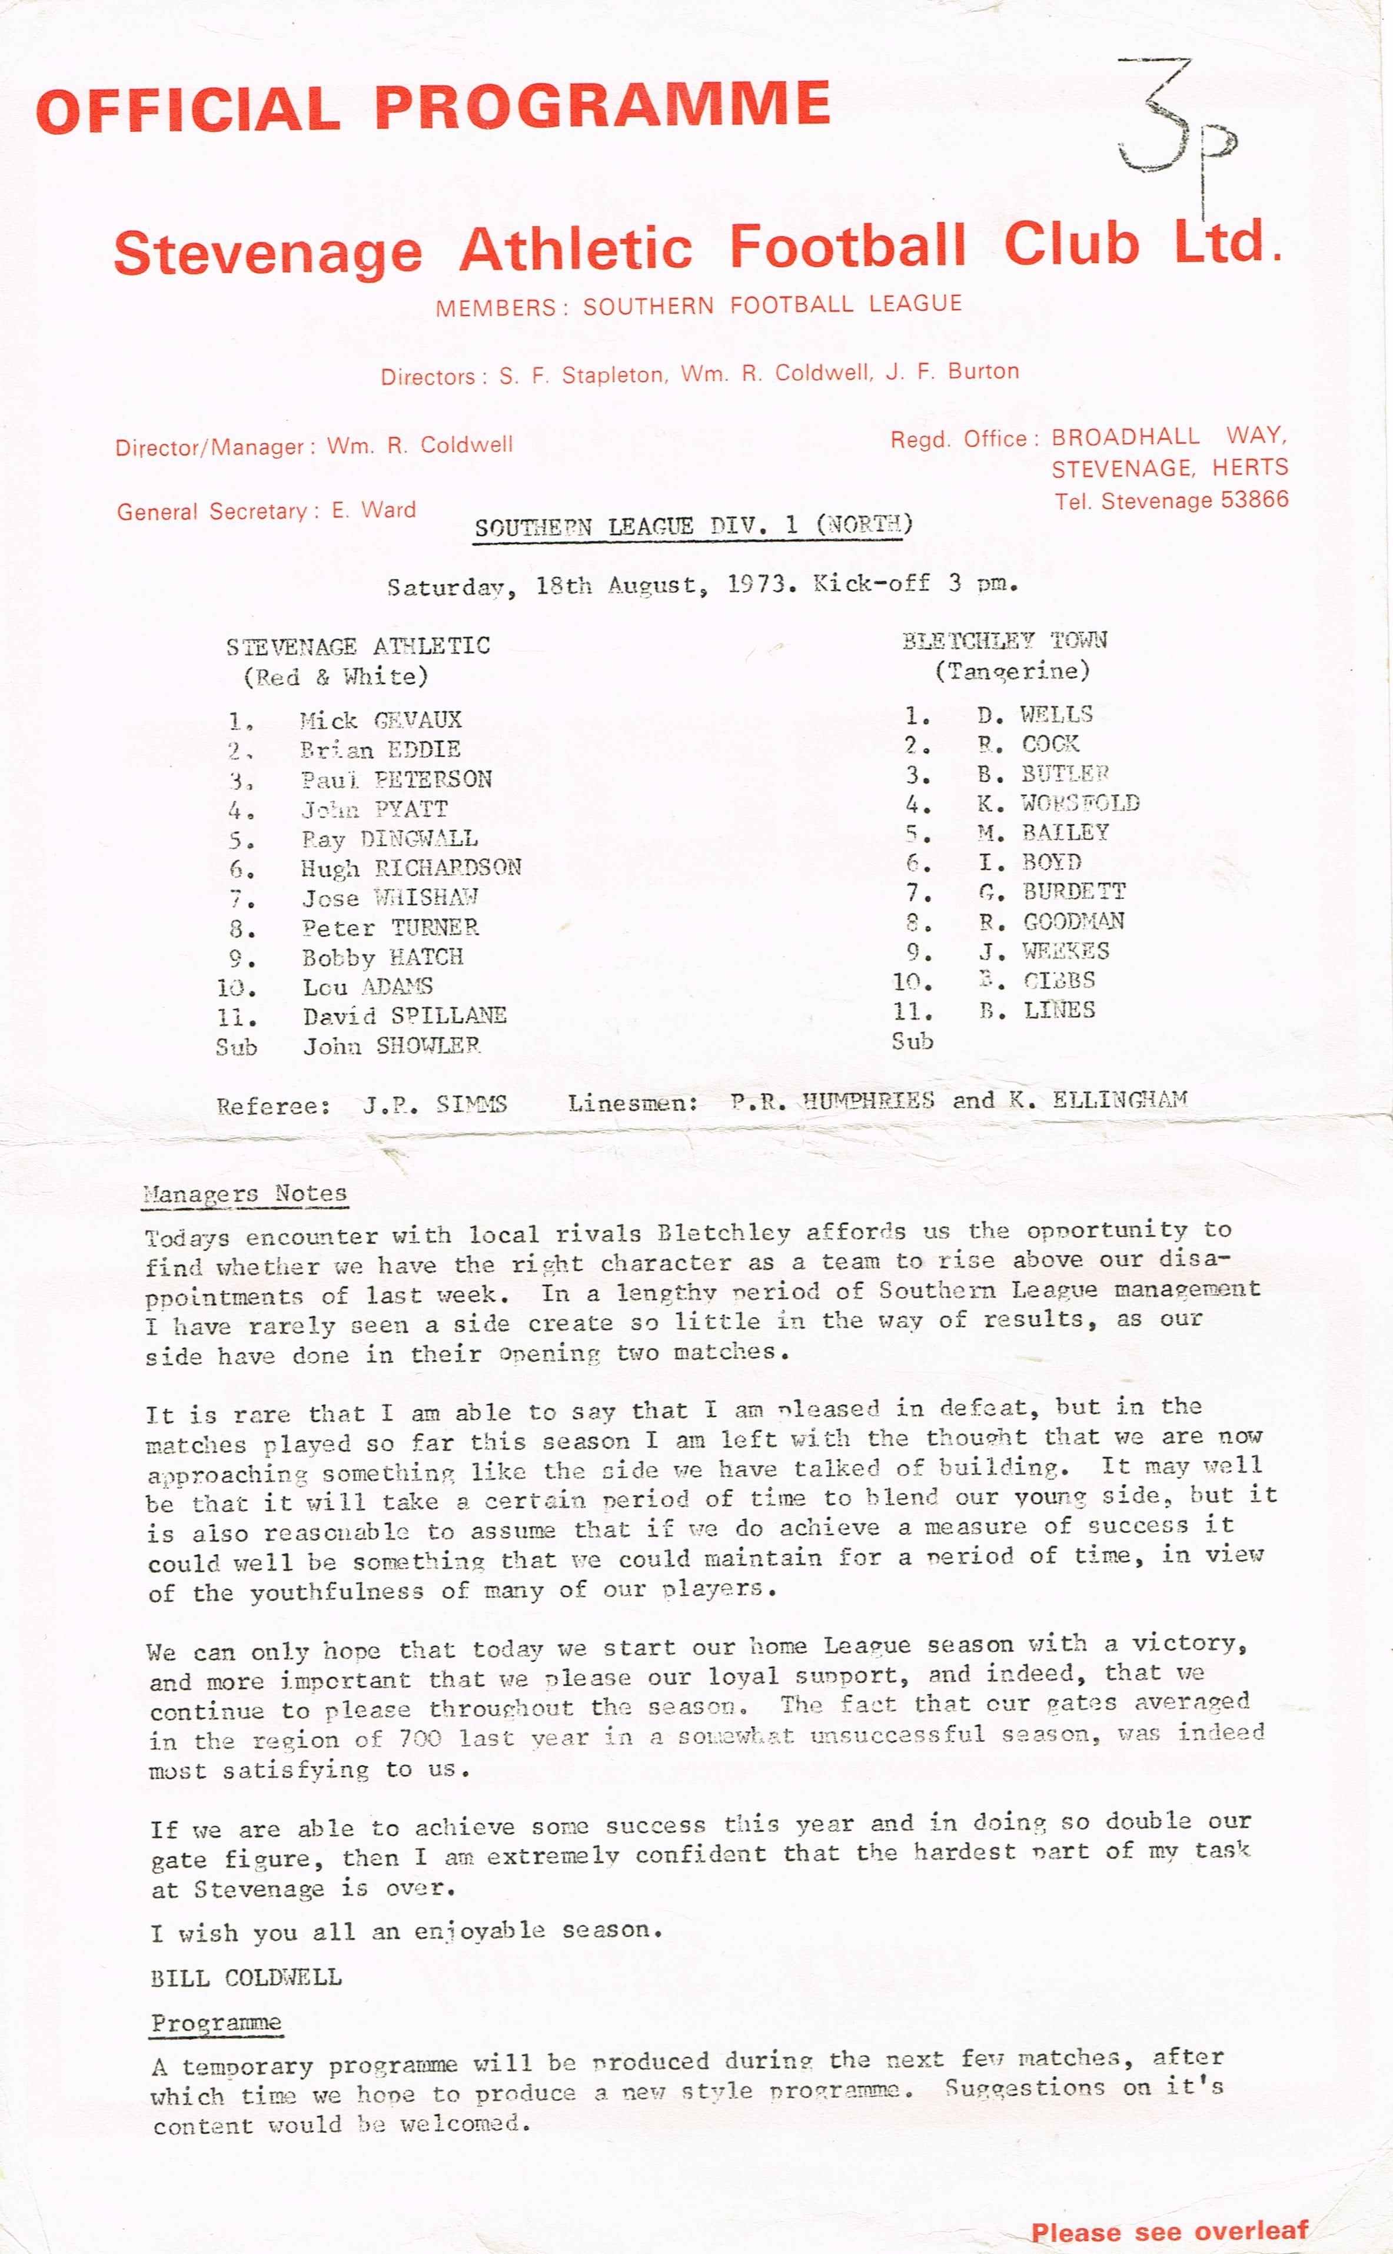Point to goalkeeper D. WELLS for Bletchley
click(1035, 714)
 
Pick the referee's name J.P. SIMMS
click(435, 1104)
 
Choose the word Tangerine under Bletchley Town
click(1012, 671)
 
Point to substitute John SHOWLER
click(391, 1046)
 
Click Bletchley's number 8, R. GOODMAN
click(1050, 921)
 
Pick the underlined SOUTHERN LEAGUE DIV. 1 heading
click(693, 526)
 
